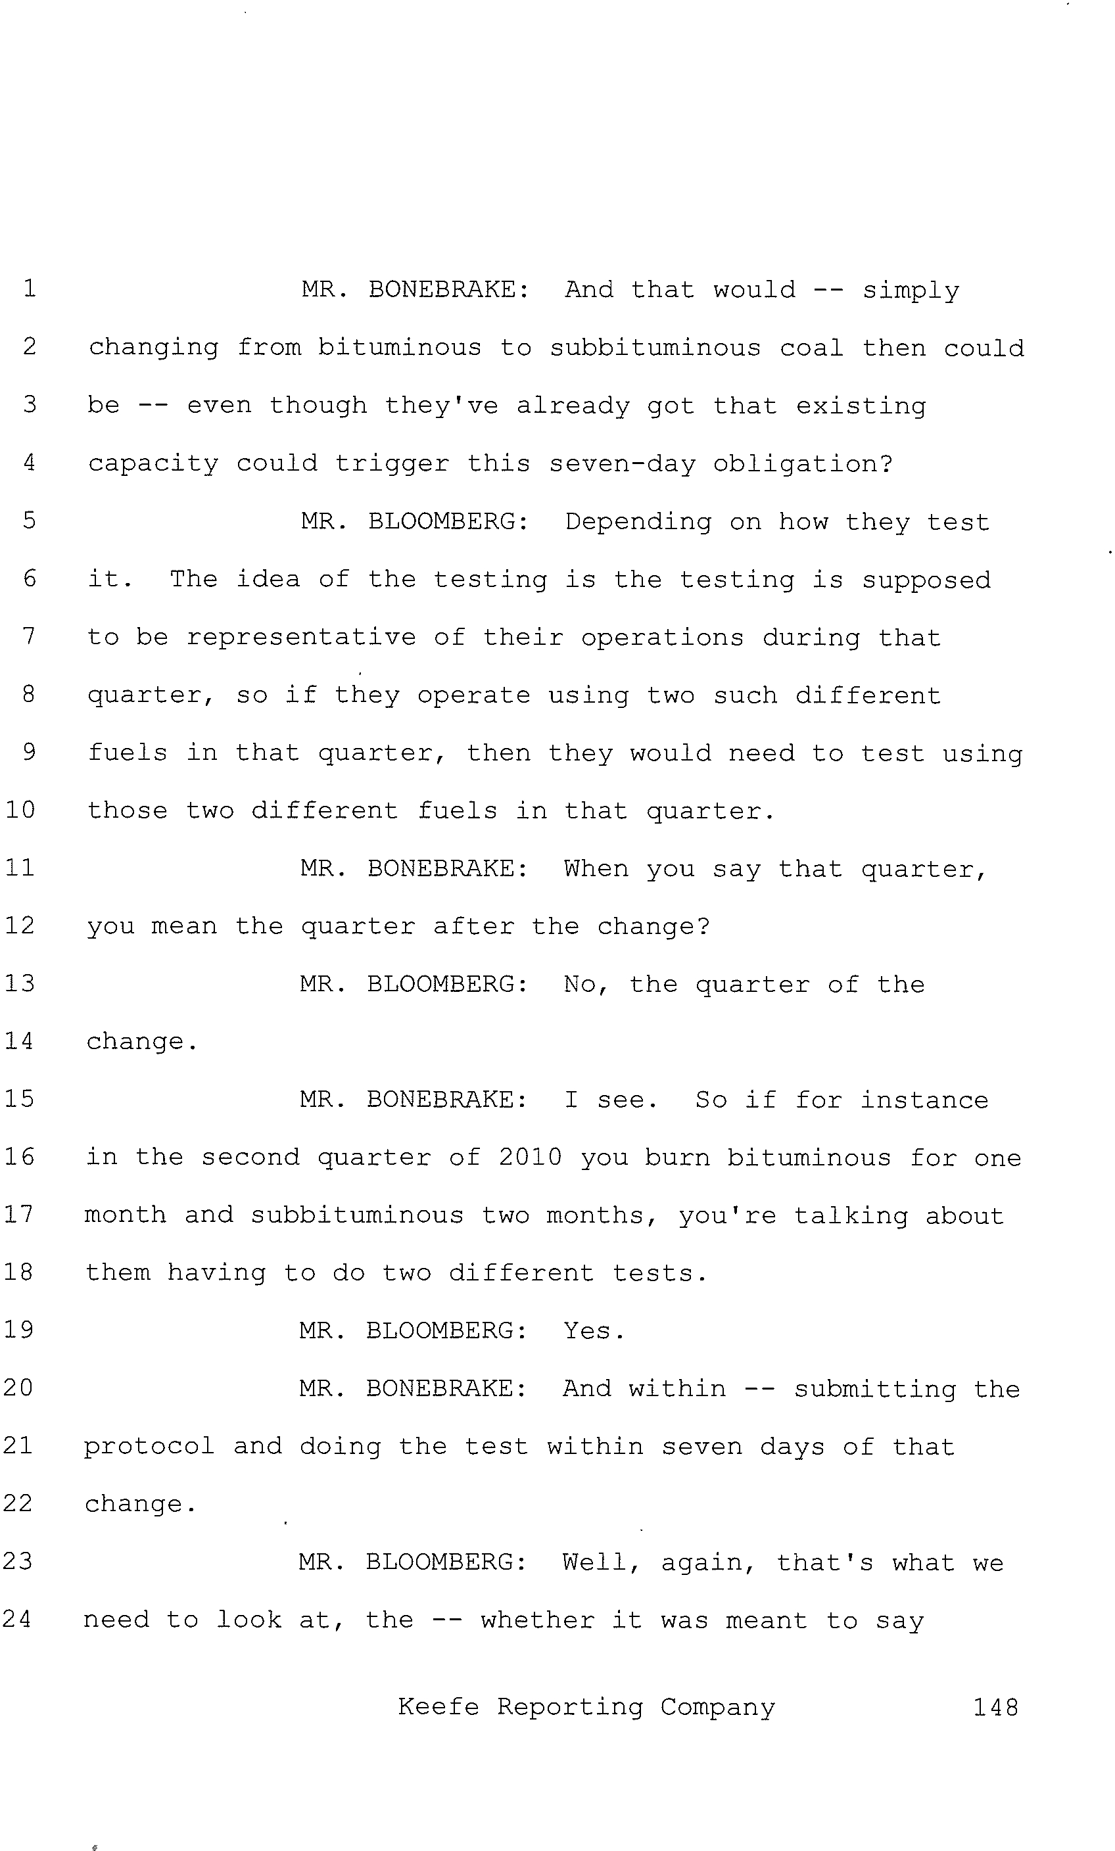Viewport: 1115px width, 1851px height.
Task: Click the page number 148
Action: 995,1708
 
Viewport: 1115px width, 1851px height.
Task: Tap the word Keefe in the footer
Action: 438,1707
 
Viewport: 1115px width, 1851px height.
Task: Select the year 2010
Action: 530,1157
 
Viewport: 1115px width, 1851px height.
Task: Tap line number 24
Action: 17,1618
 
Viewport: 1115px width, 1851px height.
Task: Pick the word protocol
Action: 149,1446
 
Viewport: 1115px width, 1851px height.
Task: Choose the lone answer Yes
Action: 594,1331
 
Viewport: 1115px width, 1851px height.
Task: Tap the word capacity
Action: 153,464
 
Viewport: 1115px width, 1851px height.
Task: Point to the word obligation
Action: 803,464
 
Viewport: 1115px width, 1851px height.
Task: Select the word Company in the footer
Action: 717,1708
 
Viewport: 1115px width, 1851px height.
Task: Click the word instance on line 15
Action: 924,1100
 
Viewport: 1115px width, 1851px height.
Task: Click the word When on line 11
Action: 596,868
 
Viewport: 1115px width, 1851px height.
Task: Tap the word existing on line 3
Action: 861,406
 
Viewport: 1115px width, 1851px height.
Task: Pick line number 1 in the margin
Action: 30,289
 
